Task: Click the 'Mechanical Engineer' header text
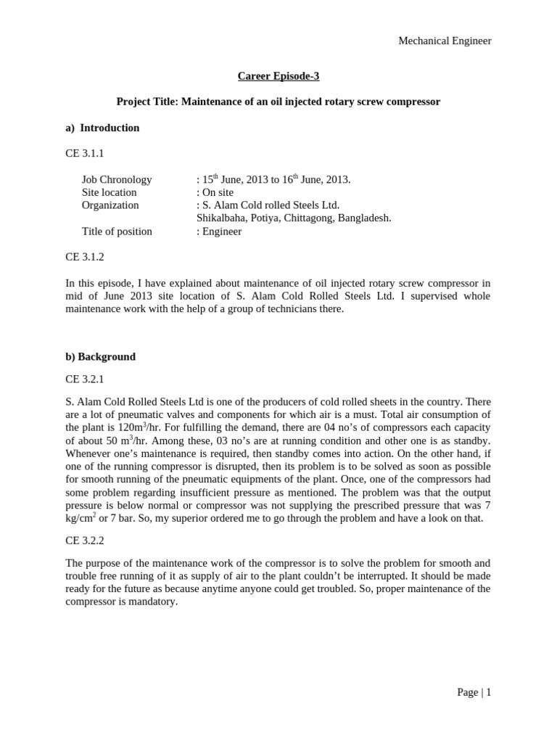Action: pyautogui.click(x=445, y=41)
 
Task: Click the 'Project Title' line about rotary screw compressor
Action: pyautogui.click(x=278, y=102)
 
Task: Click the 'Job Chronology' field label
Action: pyautogui.click(x=117, y=179)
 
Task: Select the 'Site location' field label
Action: pyautogui.click(x=109, y=192)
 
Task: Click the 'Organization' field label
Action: pyautogui.click(x=110, y=205)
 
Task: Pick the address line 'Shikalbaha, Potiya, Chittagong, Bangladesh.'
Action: pyautogui.click(x=294, y=218)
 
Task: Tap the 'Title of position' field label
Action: pyautogui.click(x=117, y=231)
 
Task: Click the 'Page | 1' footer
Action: pyautogui.click(x=474, y=692)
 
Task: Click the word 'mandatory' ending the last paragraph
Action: pyautogui.click(x=154, y=602)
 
